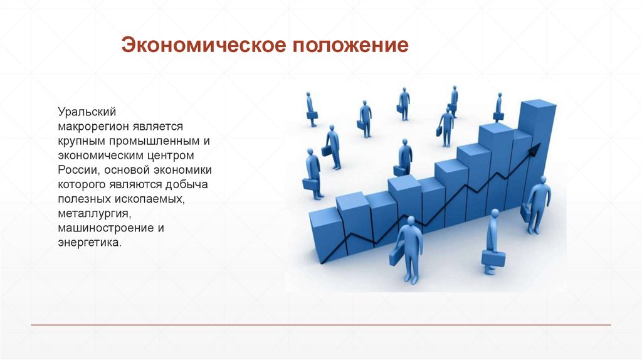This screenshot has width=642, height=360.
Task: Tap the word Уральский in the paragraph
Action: pyautogui.click(x=88, y=112)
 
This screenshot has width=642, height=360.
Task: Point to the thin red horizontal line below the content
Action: pyautogui.click(x=321, y=325)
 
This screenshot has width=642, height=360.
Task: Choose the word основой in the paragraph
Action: pyautogui.click(x=126, y=169)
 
